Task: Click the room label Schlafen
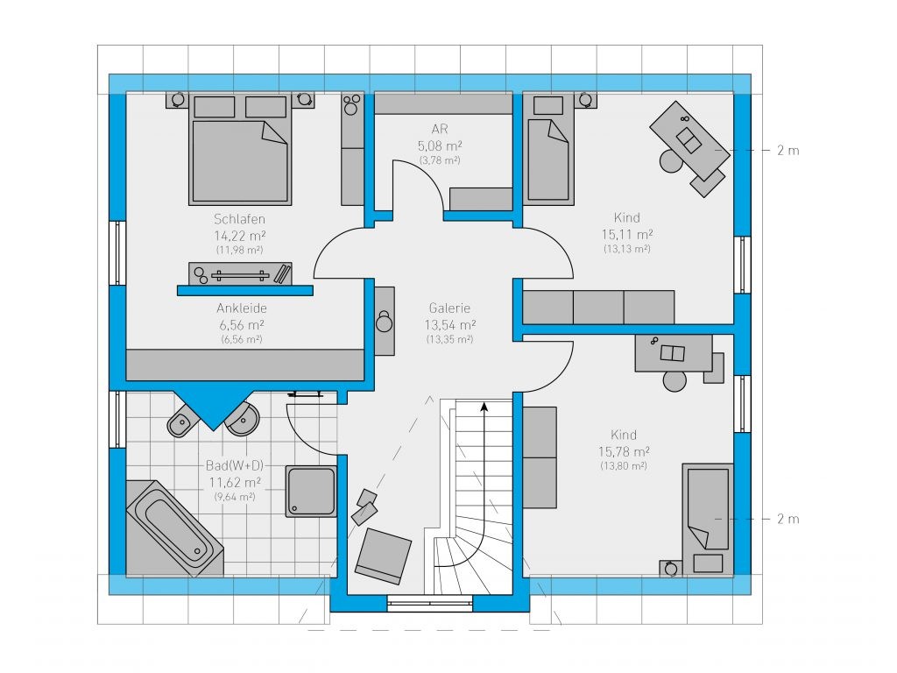click(239, 219)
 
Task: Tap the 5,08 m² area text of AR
click(440, 146)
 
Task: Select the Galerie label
click(449, 308)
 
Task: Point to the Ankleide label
click(242, 308)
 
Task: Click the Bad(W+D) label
click(235, 465)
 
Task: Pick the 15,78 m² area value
click(624, 451)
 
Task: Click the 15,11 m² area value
click(627, 234)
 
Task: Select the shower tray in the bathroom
click(311, 492)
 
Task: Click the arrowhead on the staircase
click(484, 407)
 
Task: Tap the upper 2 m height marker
click(788, 151)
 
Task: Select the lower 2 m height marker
click(788, 519)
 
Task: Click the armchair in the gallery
click(383, 556)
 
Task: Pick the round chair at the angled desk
click(671, 161)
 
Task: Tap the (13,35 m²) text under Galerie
click(449, 339)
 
